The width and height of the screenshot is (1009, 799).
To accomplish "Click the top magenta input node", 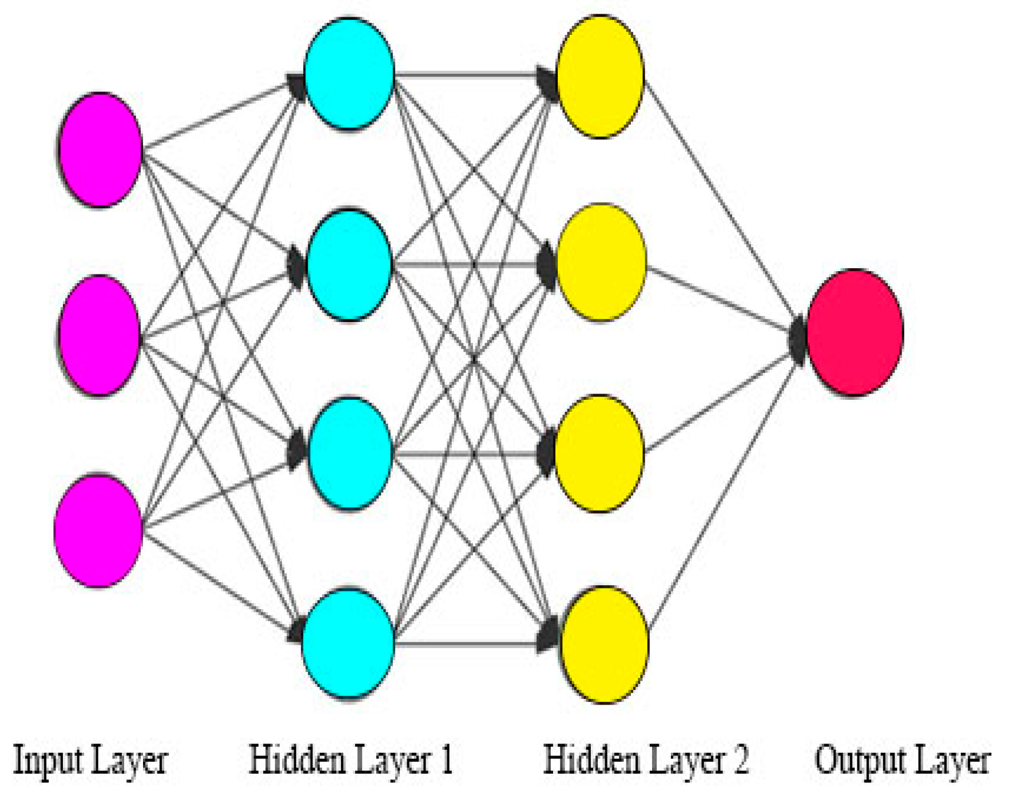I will click(101, 150).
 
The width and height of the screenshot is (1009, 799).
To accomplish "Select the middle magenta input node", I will click(100, 336).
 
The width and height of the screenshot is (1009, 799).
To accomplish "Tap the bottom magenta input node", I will click(98, 531).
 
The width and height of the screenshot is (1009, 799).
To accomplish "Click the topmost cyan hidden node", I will click(349, 73).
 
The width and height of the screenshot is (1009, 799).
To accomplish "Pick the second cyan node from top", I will click(349, 265).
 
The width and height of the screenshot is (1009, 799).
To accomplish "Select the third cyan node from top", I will click(350, 454).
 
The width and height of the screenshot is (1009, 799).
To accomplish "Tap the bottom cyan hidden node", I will click(348, 643).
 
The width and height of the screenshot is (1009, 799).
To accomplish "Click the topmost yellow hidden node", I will click(600, 76).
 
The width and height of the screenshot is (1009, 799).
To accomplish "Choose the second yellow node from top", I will click(601, 263).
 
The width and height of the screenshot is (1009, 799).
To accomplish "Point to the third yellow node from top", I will click(599, 454).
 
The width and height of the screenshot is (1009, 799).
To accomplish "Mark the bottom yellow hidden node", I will click(604, 645).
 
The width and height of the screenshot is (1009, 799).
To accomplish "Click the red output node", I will click(855, 332).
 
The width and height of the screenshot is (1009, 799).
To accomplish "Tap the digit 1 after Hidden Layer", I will click(447, 760).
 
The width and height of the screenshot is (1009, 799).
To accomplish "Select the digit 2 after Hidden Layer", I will click(740, 760).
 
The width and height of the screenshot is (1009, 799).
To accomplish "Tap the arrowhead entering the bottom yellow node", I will click(548, 635).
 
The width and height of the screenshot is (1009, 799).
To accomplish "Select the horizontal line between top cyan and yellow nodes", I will click(466, 74).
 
